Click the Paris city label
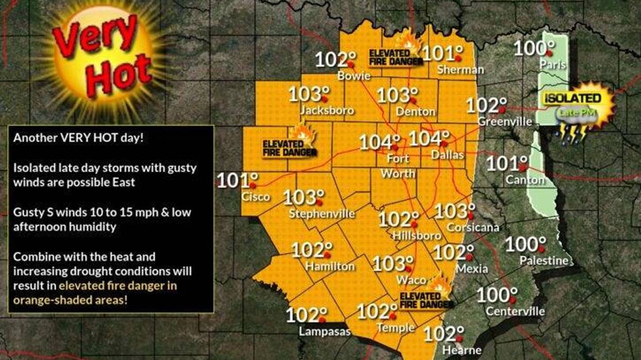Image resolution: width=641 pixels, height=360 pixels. point(552,64)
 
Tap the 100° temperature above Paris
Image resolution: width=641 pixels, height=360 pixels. point(533,49)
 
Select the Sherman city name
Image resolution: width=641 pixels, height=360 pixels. point(460,70)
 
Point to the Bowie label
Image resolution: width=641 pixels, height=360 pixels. point(354,76)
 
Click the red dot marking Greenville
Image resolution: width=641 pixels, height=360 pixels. point(507,109)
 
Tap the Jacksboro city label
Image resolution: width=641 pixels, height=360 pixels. point(327,110)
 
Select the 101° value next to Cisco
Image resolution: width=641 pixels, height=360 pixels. point(236,181)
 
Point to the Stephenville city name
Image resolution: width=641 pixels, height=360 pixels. point(322,213)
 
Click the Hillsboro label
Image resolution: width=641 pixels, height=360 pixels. point(417,235)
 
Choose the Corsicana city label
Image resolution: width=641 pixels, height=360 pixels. point(473,227)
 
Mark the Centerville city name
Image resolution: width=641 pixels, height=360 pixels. point(515,311)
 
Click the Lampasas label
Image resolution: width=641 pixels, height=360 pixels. point(324,331)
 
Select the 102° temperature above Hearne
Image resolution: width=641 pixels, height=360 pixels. point(443,334)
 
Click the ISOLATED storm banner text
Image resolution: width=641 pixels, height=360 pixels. point(573,98)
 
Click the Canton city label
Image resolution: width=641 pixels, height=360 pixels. point(525,180)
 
